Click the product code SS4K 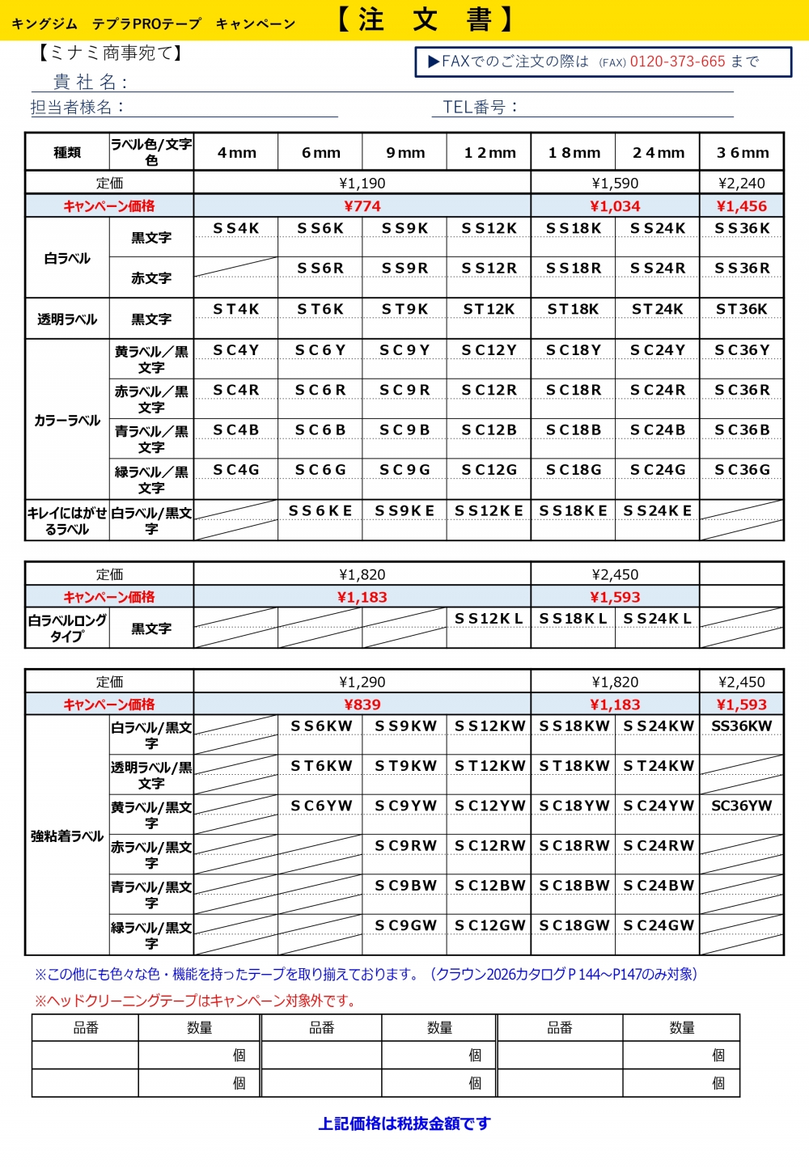pos(236,229)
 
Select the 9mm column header pos(405,153)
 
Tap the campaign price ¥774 pos(362,206)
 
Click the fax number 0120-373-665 pos(677,61)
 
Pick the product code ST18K pos(573,309)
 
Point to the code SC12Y pos(489,350)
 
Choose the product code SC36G pos(742,470)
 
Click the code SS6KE pos(320,511)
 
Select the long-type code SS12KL pos(489,619)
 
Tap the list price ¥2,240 pos(741,184)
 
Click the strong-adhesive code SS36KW pos(741,726)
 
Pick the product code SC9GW pos(405,925)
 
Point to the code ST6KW pos(321,766)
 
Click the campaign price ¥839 pos(362,705)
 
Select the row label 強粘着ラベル pos(67,836)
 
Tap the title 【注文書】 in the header pos(425,19)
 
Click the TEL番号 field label pos(479,107)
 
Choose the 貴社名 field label pos(89,82)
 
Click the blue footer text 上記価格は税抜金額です pos(404,1124)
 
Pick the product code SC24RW pos(659,846)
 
